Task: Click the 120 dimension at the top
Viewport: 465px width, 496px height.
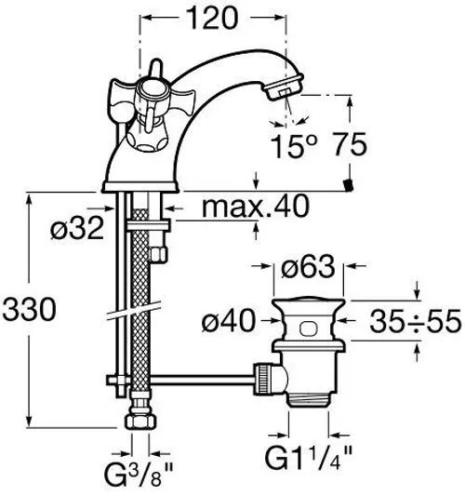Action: click(x=211, y=19)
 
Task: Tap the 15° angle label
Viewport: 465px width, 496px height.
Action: click(x=293, y=145)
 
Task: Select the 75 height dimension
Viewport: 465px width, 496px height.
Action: click(x=351, y=144)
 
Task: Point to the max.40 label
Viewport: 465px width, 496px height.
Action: click(x=256, y=206)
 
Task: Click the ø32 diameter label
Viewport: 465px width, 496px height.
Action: click(x=77, y=228)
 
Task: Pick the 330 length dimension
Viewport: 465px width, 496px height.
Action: click(x=30, y=309)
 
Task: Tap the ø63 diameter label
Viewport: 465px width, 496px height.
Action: click(x=308, y=266)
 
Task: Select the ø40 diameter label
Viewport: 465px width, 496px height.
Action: click(x=228, y=321)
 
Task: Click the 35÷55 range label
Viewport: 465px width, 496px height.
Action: click(x=416, y=321)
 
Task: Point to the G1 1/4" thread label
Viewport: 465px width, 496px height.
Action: click(x=308, y=458)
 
